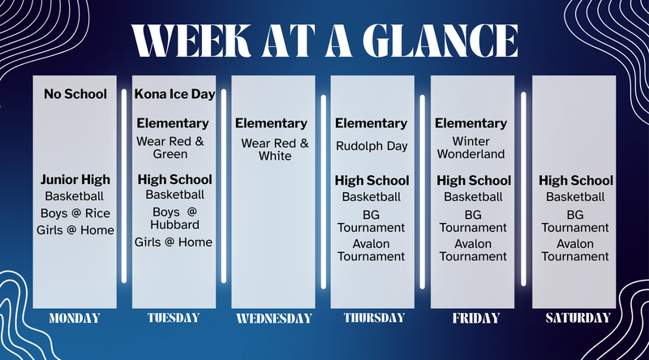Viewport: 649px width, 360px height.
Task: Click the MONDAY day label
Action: [75, 318]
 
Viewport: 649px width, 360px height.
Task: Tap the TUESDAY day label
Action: [174, 318]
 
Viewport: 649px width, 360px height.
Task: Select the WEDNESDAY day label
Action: [273, 318]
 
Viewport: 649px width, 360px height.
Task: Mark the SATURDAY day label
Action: [575, 318]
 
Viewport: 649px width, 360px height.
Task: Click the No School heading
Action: [75, 94]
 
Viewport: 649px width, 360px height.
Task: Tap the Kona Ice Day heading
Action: [174, 94]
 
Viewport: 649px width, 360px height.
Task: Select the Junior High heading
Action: [75, 179]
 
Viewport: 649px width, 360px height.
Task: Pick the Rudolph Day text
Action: [372, 147]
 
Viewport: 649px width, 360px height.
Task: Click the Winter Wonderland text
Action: [472, 148]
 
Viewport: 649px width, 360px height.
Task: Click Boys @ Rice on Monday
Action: [75, 213]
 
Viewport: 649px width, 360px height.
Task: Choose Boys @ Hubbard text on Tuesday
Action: [174, 218]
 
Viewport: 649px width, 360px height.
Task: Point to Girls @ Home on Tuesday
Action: [174, 242]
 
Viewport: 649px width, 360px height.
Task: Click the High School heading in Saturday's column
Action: [575, 180]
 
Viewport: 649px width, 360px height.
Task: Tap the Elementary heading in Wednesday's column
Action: [272, 124]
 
